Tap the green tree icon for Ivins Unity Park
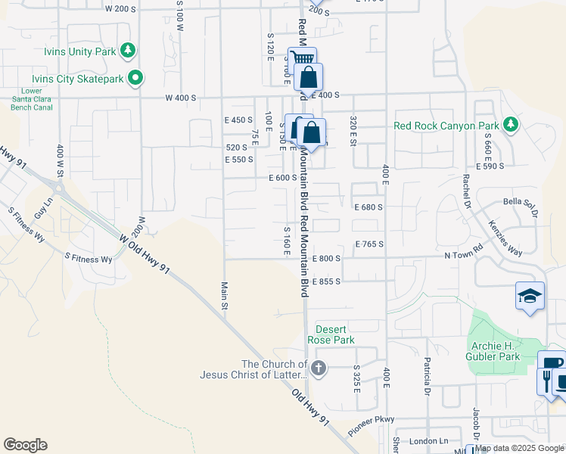tap(129, 51)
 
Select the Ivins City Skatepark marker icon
tap(135, 77)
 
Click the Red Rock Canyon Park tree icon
tap(512, 123)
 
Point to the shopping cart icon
tap(302, 59)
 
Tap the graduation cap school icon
tap(530, 295)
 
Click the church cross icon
tap(319, 368)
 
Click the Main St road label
tap(224, 295)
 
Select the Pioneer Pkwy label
tap(372, 426)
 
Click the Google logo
tap(25, 445)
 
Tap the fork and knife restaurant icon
tap(546, 379)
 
